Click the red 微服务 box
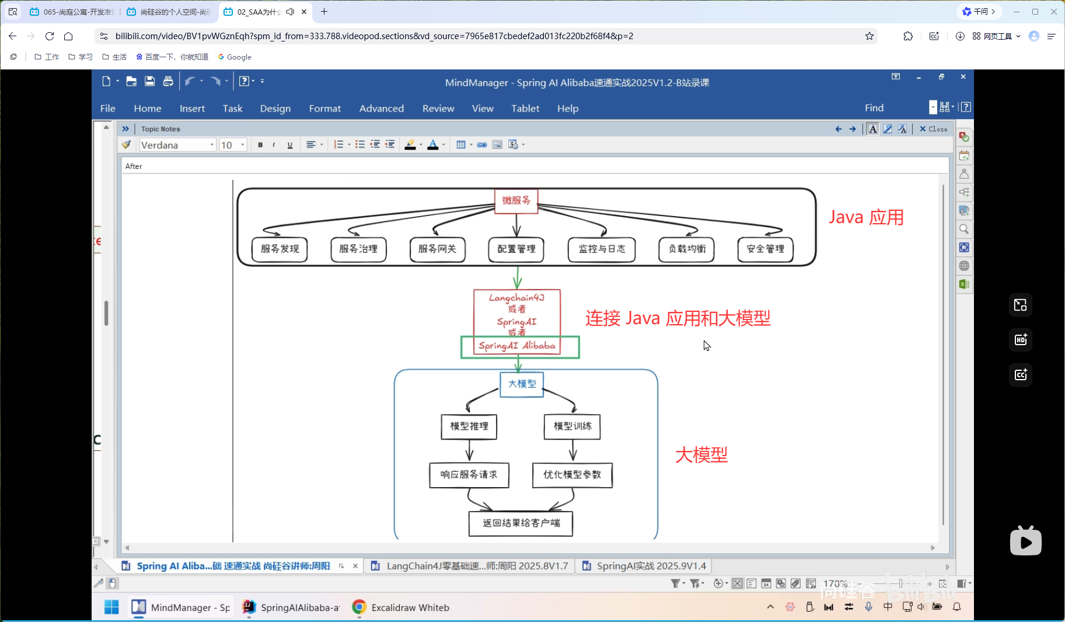point(516,200)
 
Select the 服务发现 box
point(280,249)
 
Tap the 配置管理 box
point(516,249)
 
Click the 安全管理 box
point(765,249)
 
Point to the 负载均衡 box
point(686,249)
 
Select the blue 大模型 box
point(522,384)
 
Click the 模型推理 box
point(469,426)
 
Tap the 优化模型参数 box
point(572,475)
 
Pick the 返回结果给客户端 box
point(521,523)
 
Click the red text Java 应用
point(866,217)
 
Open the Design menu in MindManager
point(275,109)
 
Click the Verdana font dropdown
point(177,145)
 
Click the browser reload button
point(50,36)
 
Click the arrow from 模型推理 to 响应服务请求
point(469,450)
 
